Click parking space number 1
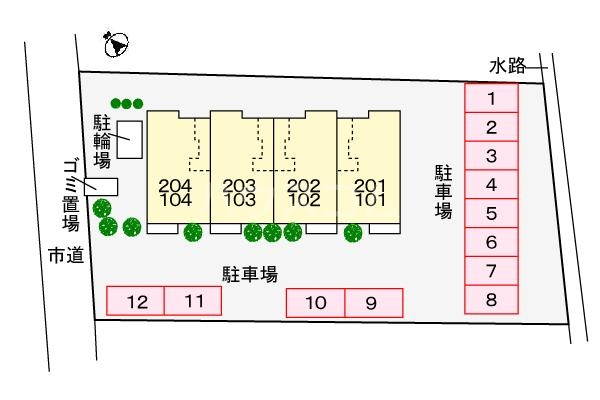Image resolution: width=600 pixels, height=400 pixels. click(x=491, y=98)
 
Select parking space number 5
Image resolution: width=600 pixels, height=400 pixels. click(x=491, y=213)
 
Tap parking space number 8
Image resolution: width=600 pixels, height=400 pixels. click(x=491, y=300)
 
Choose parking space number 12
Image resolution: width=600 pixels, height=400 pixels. click(x=135, y=301)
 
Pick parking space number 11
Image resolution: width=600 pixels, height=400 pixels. click(x=193, y=301)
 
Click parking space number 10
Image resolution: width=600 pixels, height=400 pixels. click(x=316, y=303)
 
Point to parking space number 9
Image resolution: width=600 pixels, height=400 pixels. click(x=374, y=303)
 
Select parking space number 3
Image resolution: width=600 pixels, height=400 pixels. click(x=491, y=156)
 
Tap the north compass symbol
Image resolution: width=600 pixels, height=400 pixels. click(x=116, y=44)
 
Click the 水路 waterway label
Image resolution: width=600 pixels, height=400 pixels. click(x=508, y=66)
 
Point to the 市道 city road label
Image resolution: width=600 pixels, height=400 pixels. click(x=66, y=255)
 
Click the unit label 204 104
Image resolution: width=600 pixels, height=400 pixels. click(x=175, y=193)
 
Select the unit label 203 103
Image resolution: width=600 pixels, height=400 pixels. click(x=239, y=193)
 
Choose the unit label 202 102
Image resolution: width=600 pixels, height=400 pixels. click(x=304, y=193)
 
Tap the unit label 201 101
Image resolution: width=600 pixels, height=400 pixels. click(x=370, y=193)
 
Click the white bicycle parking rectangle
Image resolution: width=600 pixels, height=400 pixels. click(x=130, y=139)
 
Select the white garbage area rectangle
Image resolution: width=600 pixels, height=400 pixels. click(x=101, y=187)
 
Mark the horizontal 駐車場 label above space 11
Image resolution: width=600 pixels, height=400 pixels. click(x=250, y=274)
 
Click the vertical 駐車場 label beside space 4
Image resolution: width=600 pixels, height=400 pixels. click(x=443, y=192)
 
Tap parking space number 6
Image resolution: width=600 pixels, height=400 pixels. click(x=491, y=242)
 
